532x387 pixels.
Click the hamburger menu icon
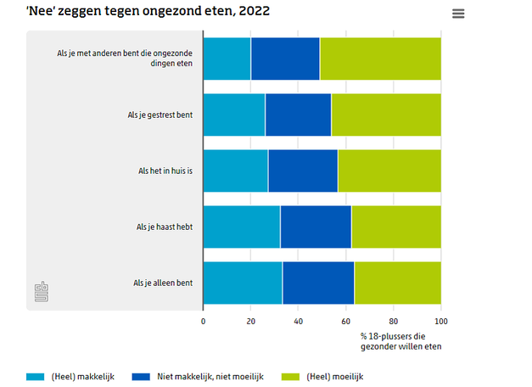pos(459,14)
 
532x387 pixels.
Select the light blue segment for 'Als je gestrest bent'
pos(234,115)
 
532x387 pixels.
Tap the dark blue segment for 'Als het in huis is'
pos(303,171)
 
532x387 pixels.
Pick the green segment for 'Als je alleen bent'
pos(397,283)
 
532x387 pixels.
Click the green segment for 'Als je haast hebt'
pos(396,227)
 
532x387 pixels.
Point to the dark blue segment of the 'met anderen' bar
pos(285,59)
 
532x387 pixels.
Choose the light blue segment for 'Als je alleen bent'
pos(243,283)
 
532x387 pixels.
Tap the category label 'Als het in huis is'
pos(165,171)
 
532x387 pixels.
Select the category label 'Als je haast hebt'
pos(165,227)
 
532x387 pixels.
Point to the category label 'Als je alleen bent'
pos(163,283)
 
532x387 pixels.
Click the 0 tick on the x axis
pos(204,322)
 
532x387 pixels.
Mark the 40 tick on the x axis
pos(299,322)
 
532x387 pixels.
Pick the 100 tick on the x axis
pos(440,322)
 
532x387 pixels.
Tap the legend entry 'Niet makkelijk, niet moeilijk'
pos(210,376)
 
